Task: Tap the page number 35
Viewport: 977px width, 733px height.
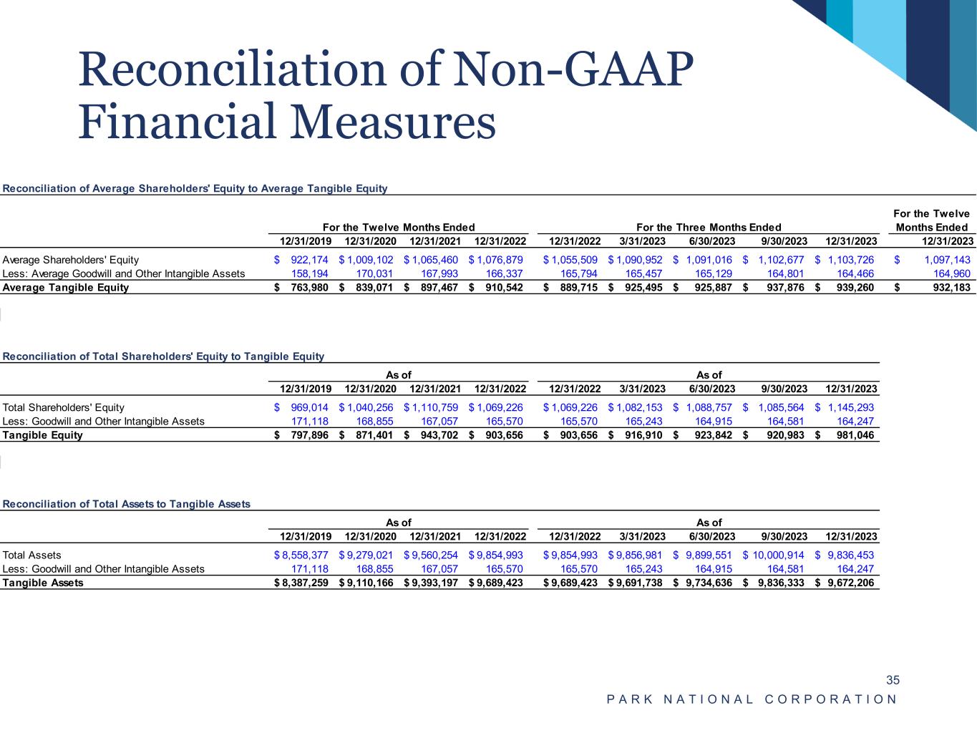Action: (893, 680)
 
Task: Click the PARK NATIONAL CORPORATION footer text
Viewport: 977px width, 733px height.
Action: (752, 699)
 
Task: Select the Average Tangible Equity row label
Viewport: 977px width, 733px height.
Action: (66, 288)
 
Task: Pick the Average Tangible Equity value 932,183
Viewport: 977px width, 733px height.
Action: (951, 288)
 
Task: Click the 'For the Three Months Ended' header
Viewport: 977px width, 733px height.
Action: (709, 228)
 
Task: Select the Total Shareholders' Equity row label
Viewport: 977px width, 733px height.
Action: (64, 407)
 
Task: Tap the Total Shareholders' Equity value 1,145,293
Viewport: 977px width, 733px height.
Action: (850, 407)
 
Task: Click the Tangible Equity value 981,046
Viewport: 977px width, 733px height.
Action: (853, 435)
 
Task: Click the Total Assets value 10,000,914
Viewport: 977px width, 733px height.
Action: (777, 555)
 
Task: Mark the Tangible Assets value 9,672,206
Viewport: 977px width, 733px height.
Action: (850, 583)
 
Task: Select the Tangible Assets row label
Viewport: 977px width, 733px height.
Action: (43, 583)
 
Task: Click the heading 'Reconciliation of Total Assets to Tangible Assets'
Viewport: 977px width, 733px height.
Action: (127, 504)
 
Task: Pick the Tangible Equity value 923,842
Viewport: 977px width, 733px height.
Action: (710, 435)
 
